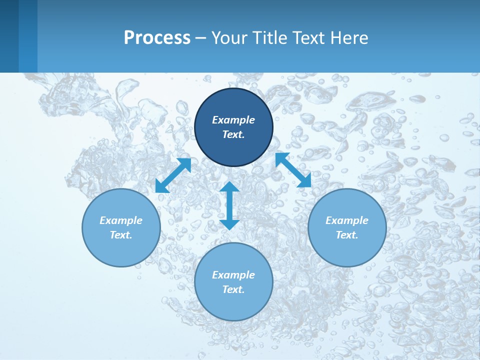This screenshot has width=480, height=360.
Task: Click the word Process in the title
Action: pos(157,38)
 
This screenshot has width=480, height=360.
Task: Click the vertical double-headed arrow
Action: pos(229,205)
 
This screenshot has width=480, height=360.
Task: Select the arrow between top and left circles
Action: pos(173,175)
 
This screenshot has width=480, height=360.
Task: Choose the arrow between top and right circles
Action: pos(293,170)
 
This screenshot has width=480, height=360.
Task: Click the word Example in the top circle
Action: pos(233,120)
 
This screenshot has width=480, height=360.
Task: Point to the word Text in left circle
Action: pos(121,235)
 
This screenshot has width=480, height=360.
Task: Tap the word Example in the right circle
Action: pos(347,220)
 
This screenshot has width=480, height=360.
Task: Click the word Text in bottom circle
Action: pos(233,289)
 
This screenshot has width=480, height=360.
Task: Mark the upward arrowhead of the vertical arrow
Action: pos(229,187)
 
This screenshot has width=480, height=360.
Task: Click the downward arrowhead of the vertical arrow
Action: pos(229,224)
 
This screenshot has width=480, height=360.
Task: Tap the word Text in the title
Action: pos(307,38)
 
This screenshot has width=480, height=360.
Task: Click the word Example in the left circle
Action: pos(121,220)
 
